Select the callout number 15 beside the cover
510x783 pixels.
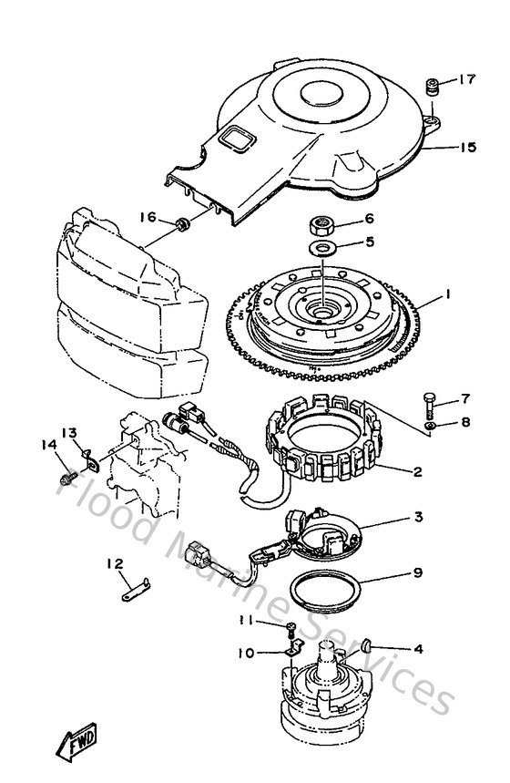tap(466, 146)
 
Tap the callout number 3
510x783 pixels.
tap(417, 518)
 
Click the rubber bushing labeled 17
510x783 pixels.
tap(432, 88)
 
